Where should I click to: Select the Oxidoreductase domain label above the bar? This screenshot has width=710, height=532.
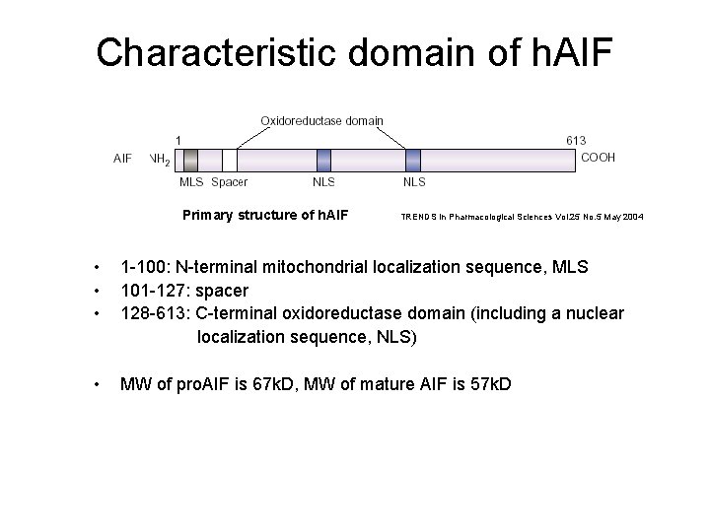coord(321,120)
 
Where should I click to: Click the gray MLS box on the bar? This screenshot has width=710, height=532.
coord(191,160)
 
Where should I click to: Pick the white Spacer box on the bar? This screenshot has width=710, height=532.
coord(229,160)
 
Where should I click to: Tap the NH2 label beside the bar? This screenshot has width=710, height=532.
coord(160,159)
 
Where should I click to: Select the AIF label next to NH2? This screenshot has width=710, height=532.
coord(123,158)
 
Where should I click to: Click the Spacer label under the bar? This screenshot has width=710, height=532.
coord(230,182)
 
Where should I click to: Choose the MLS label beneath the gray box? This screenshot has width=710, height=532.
coord(190,182)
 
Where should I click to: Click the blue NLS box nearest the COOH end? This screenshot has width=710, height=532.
coord(413,160)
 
